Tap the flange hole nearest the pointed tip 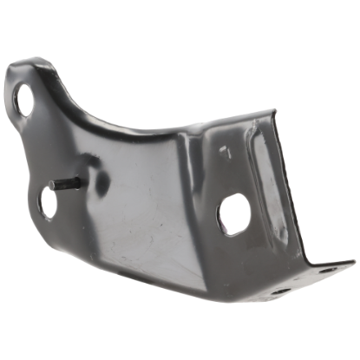324,272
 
